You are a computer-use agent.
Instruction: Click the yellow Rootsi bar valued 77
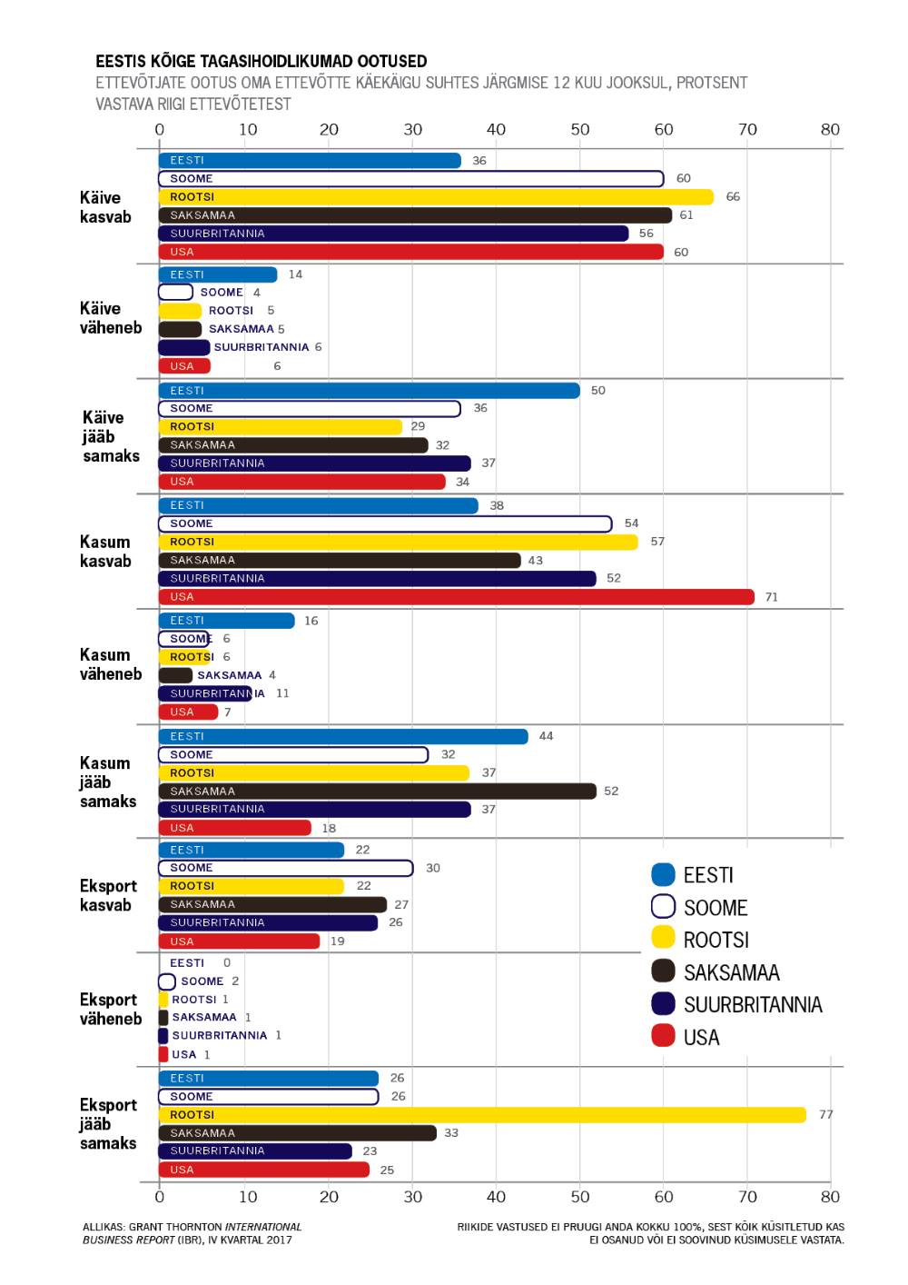pyautogui.click(x=481, y=1115)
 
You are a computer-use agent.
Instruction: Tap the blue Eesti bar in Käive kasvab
pyautogui.click(x=310, y=161)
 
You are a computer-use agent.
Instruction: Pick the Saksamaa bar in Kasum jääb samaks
pyautogui.click(x=377, y=792)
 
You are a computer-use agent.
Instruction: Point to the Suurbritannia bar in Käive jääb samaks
pyautogui.click(x=314, y=463)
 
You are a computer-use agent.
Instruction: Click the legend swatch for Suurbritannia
pyautogui.click(x=664, y=1004)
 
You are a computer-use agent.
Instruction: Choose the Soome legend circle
pyautogui.click(x=664, y=907)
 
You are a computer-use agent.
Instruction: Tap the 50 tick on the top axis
pyautogui.click(x=580, y=130)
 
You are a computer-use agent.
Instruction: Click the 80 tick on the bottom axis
pyautogui.click(x=830, y=1197)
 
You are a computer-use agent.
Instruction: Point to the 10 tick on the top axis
pyautogui.click(x=248, y=130)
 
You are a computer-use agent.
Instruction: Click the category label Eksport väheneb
pyautogui.click(x=110, y=1010)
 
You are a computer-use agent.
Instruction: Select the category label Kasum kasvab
pyautogui.click(x=105, y=552)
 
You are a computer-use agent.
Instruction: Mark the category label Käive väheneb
pyautogui.click(x=110, y=318)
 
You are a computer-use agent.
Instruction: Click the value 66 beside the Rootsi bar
pyautogui.click(x=733, y=197)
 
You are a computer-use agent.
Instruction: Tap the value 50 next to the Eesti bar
pyautogui.click(x=597, y=391)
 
